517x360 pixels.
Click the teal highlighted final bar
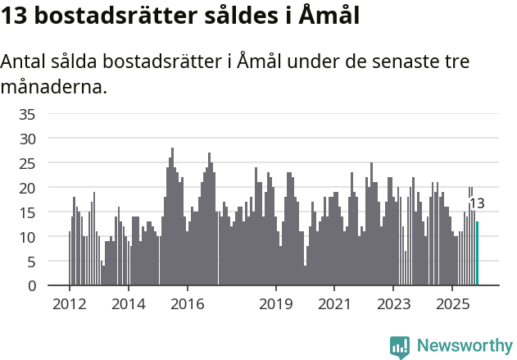click(x=478, y=254)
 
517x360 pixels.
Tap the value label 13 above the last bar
click(x=477, y=203)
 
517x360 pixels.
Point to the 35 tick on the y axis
click(x=28, y=114)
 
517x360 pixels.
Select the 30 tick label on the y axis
click(x=28, y=139)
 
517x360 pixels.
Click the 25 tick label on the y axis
click(x=28, y=163)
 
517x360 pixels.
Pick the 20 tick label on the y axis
click(x=28, y=188)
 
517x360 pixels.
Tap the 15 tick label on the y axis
click(x=28, y=212)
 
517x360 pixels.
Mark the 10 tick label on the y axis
click(x=28, y=237)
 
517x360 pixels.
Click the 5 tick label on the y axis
click(x=32, y=262)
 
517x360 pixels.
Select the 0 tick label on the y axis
click(x=32, y=286)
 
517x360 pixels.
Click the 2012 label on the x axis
click(x=69, y=304)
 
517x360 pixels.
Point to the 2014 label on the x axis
click(x=128, y=304)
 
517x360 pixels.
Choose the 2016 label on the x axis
click(x=188, y=304)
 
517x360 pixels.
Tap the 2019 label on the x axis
click(x=276, y=304)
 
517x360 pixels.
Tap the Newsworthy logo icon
click(x=400, y=346)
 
